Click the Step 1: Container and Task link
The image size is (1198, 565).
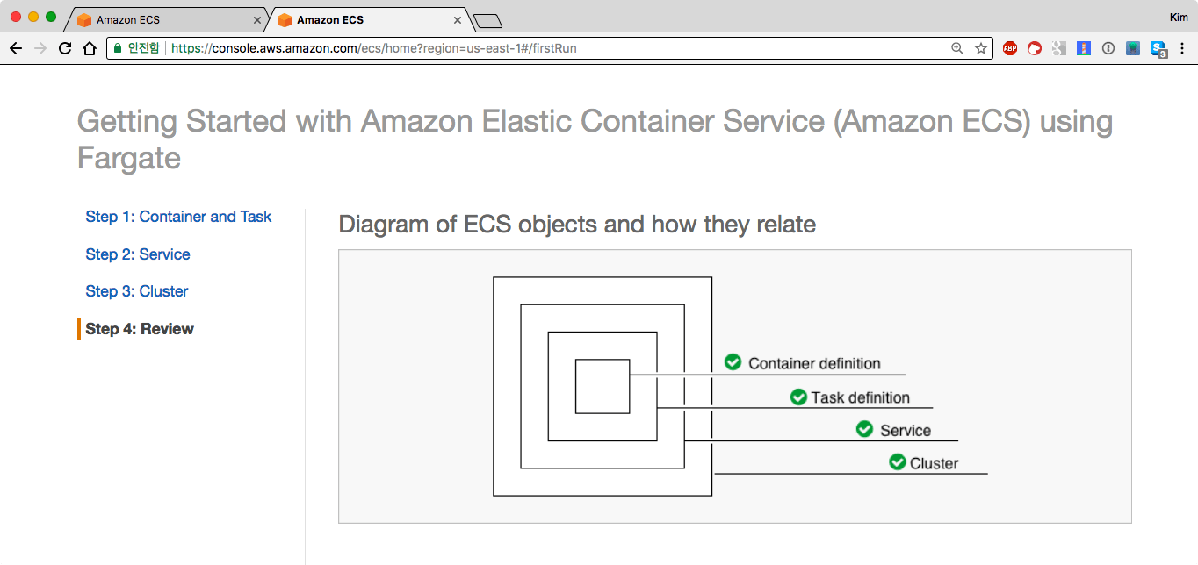[x=178, y=217]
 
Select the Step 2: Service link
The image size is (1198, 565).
[x=138, y=254]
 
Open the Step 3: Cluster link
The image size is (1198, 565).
[x=137, y=291]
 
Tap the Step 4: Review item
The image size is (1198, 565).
[x=140, y=329]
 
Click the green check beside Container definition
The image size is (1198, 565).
[x=733, y=362]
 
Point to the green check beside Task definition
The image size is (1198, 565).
[x=798, y=397]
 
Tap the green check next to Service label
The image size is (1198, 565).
[x=864, y=429]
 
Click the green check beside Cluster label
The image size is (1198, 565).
[x=897, y=461]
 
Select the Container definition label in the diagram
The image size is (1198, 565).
[x=814, y=363]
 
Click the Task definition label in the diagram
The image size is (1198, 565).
[x=861, y=397]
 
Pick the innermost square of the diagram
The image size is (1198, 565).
[x=603, y=386]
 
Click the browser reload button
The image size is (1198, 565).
[x=64, y=48]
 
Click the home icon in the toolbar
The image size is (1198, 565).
[x=89, y=48]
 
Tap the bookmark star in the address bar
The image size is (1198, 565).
[x=981, y=48]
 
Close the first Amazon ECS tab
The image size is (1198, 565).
[x=256, y=19]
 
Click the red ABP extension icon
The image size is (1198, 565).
[x=1010, y=48]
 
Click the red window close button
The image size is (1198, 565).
[x=16, y=17]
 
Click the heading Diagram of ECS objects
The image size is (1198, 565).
[x=577, y=225]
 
